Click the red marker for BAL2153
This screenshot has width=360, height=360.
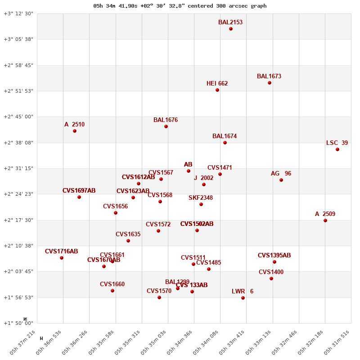point(231,29)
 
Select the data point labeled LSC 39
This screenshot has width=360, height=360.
point(337,149)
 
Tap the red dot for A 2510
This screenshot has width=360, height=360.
point(75,131)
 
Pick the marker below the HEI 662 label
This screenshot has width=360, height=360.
point(217,90)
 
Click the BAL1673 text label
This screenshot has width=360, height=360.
point(269,76)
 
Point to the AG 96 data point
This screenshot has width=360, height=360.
point(281,180)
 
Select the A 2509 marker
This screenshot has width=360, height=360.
point(325,220)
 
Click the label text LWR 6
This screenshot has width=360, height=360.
point(243,292)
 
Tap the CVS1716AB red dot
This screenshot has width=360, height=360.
point(62,258)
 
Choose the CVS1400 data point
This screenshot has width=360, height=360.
point(271,279)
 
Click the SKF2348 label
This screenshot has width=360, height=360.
point(201,198)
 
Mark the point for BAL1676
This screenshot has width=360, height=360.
point(166,126)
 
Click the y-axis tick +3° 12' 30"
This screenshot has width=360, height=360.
point(18,13)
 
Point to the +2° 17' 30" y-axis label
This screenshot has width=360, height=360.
point(18,220)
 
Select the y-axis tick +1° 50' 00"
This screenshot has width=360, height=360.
point(18,323)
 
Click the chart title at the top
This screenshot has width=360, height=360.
point(180,6)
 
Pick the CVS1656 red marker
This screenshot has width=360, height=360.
point(116,213)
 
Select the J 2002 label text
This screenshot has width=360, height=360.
point(203,178)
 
